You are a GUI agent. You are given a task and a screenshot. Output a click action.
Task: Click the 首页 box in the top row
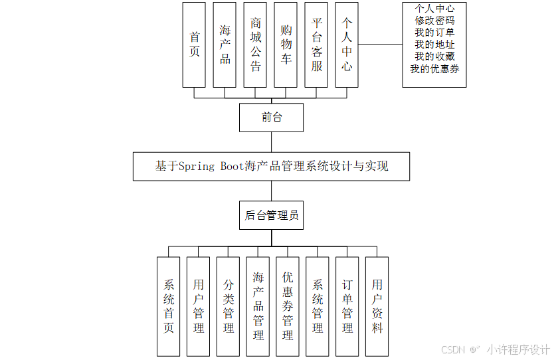point(194,45)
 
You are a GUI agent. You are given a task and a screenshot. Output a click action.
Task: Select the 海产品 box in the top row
point(225,45)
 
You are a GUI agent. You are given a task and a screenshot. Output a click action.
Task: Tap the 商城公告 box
point(255,45)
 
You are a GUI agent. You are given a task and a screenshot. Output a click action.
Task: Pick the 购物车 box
point(286,45)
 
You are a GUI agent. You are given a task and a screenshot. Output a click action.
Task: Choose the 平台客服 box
point(316,45)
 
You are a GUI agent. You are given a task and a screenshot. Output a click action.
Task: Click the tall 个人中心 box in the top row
point(347,45)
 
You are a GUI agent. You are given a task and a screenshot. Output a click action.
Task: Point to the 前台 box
point(271,118)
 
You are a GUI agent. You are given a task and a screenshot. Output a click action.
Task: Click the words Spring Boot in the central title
point(209,166)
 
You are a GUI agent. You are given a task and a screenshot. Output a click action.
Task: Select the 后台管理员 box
point(271,215)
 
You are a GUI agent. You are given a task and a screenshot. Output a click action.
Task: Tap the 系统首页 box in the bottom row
point(168,306)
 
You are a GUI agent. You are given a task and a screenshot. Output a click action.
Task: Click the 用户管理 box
point(199,306)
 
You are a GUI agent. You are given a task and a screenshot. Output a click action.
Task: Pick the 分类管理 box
point(229,306)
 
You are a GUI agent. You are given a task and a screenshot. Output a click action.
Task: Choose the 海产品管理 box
point(258,306)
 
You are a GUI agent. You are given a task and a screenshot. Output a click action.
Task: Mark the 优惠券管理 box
point(288,306)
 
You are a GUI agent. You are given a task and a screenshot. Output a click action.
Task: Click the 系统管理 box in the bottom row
point(318,306)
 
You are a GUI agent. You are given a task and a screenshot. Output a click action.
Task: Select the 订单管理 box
point(347,306)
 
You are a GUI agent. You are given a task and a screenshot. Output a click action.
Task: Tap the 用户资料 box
point(377,306)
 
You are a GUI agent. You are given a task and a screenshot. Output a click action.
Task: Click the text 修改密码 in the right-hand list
point(434,21)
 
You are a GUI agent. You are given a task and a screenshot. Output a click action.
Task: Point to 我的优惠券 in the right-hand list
point(434,68)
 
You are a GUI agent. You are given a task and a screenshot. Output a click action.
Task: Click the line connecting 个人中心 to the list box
point(380,45)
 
